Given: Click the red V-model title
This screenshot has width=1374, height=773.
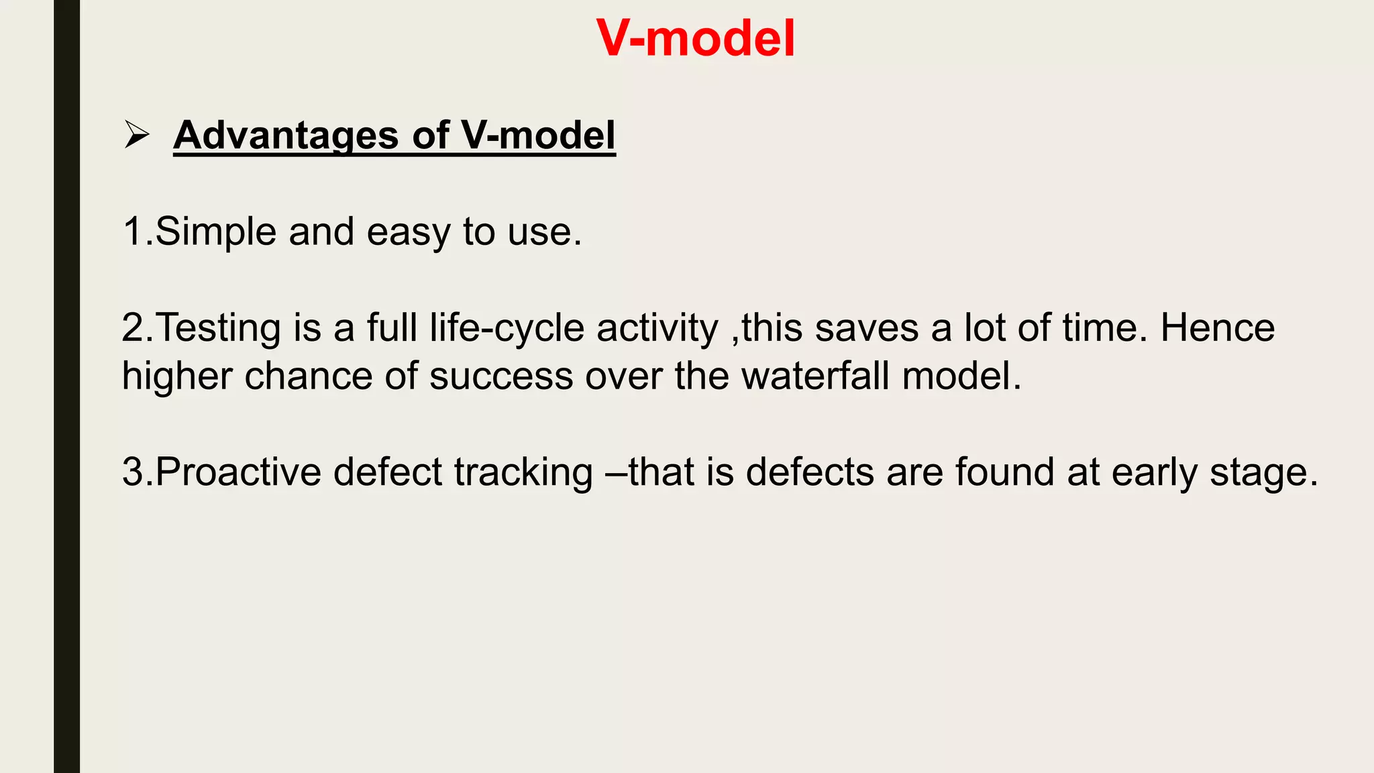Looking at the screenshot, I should (x=695, y=38).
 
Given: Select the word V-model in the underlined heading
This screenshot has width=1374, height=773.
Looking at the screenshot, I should (x=538, y=136).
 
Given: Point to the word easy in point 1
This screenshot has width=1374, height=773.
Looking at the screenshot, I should (x=409, y=233).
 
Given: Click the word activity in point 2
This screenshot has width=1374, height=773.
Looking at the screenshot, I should (x=657, y=328).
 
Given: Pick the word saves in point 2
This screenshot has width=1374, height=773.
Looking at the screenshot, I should (x=866, y=328).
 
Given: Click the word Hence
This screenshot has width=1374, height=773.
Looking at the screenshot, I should (x=1218, y=328).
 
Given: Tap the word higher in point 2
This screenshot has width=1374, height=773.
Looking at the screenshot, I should (x=177, y=376).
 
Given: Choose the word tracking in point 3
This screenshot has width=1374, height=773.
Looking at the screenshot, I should (x=523, y=472).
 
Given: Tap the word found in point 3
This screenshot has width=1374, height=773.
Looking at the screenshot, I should (x=1005, y=472).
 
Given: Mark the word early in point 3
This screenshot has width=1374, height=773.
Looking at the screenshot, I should (x=1154, y=473).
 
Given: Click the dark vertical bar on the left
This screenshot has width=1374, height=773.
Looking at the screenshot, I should (x=66, y=386).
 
